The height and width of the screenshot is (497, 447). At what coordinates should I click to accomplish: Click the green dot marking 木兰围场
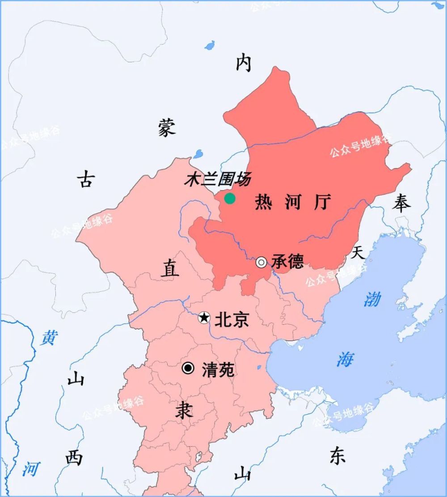tap(230, 199)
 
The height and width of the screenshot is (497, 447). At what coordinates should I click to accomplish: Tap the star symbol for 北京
tap(204, 318)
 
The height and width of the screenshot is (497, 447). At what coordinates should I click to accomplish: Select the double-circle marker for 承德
tap(261, 262)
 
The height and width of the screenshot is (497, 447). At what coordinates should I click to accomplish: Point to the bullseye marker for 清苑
tap(188, 368)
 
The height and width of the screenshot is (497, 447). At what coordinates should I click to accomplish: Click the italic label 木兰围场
tap(217, 180)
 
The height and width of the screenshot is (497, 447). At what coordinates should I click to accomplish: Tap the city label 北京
tap(232, 319)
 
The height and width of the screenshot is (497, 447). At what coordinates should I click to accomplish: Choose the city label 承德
tap(287, 261)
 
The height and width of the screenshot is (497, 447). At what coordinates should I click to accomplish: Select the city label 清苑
tap(218, 370)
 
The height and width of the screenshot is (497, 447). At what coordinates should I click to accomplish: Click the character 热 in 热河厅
tap(263, 203)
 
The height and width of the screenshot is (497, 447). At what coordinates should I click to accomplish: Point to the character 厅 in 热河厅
tap(322, 203)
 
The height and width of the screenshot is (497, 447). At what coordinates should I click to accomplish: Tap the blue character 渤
tap(372, 299)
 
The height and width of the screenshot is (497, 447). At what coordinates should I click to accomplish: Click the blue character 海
tap(345, 359)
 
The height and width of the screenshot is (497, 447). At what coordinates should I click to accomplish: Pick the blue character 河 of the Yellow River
tap(30, 469)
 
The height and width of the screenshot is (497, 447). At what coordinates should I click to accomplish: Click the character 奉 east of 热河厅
tap(401, 204)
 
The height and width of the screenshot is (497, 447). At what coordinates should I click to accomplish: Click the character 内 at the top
tap(244, 64)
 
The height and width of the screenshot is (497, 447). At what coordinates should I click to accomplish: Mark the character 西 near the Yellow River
tap(74, 458)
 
